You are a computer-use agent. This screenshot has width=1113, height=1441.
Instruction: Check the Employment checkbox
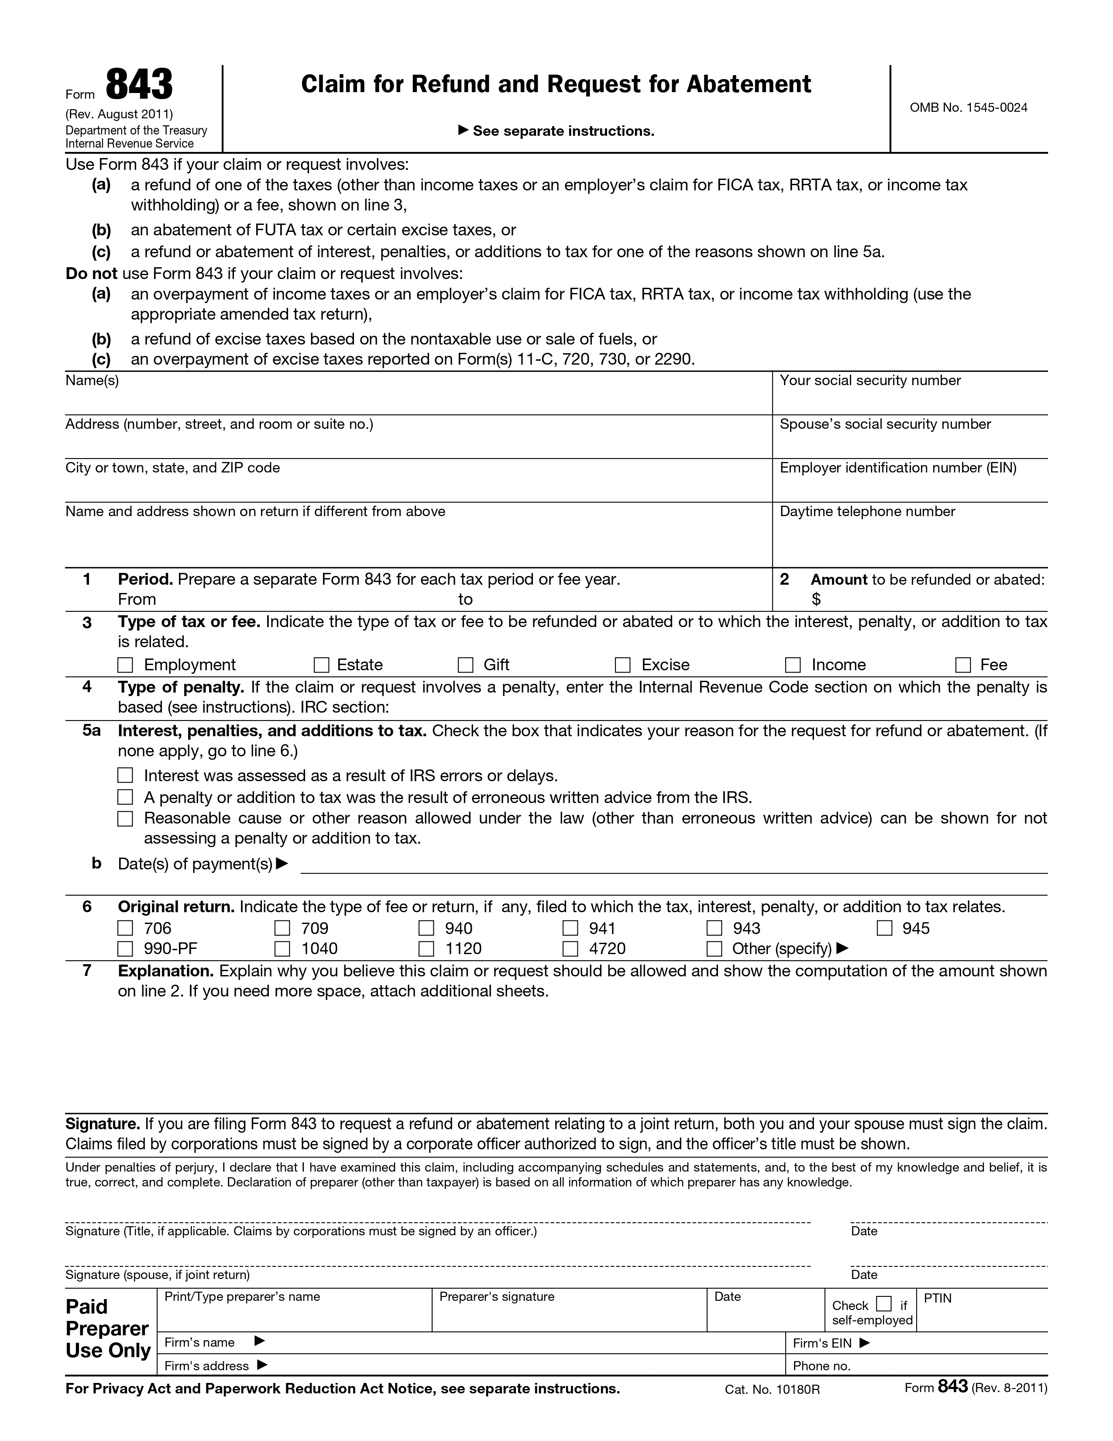coord(125,665)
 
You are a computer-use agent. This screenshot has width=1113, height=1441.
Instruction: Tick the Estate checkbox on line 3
coord(321,665)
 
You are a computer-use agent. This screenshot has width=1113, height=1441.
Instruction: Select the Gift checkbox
coord(466,665)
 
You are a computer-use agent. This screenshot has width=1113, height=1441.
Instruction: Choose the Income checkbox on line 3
coord(793,665)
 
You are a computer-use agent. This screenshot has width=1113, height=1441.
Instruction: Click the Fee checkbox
coord(963,665)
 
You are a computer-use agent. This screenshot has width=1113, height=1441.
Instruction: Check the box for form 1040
coord(282,949)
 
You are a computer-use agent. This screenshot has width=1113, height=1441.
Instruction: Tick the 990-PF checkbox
coord(125,949)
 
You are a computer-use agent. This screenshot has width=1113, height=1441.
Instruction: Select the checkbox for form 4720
coord(570,949)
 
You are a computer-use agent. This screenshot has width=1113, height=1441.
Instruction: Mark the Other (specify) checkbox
coord(714,949)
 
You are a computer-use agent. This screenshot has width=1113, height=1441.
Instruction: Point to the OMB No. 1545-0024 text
coord(968,107)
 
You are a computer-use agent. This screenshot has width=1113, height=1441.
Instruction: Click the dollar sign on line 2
coord(816,599)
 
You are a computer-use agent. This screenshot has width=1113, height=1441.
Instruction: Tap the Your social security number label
coord(870,381)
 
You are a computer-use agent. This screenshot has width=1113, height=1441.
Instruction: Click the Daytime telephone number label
coord(867,511)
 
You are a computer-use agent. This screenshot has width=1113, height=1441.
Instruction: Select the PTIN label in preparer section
coord(938,1299)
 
